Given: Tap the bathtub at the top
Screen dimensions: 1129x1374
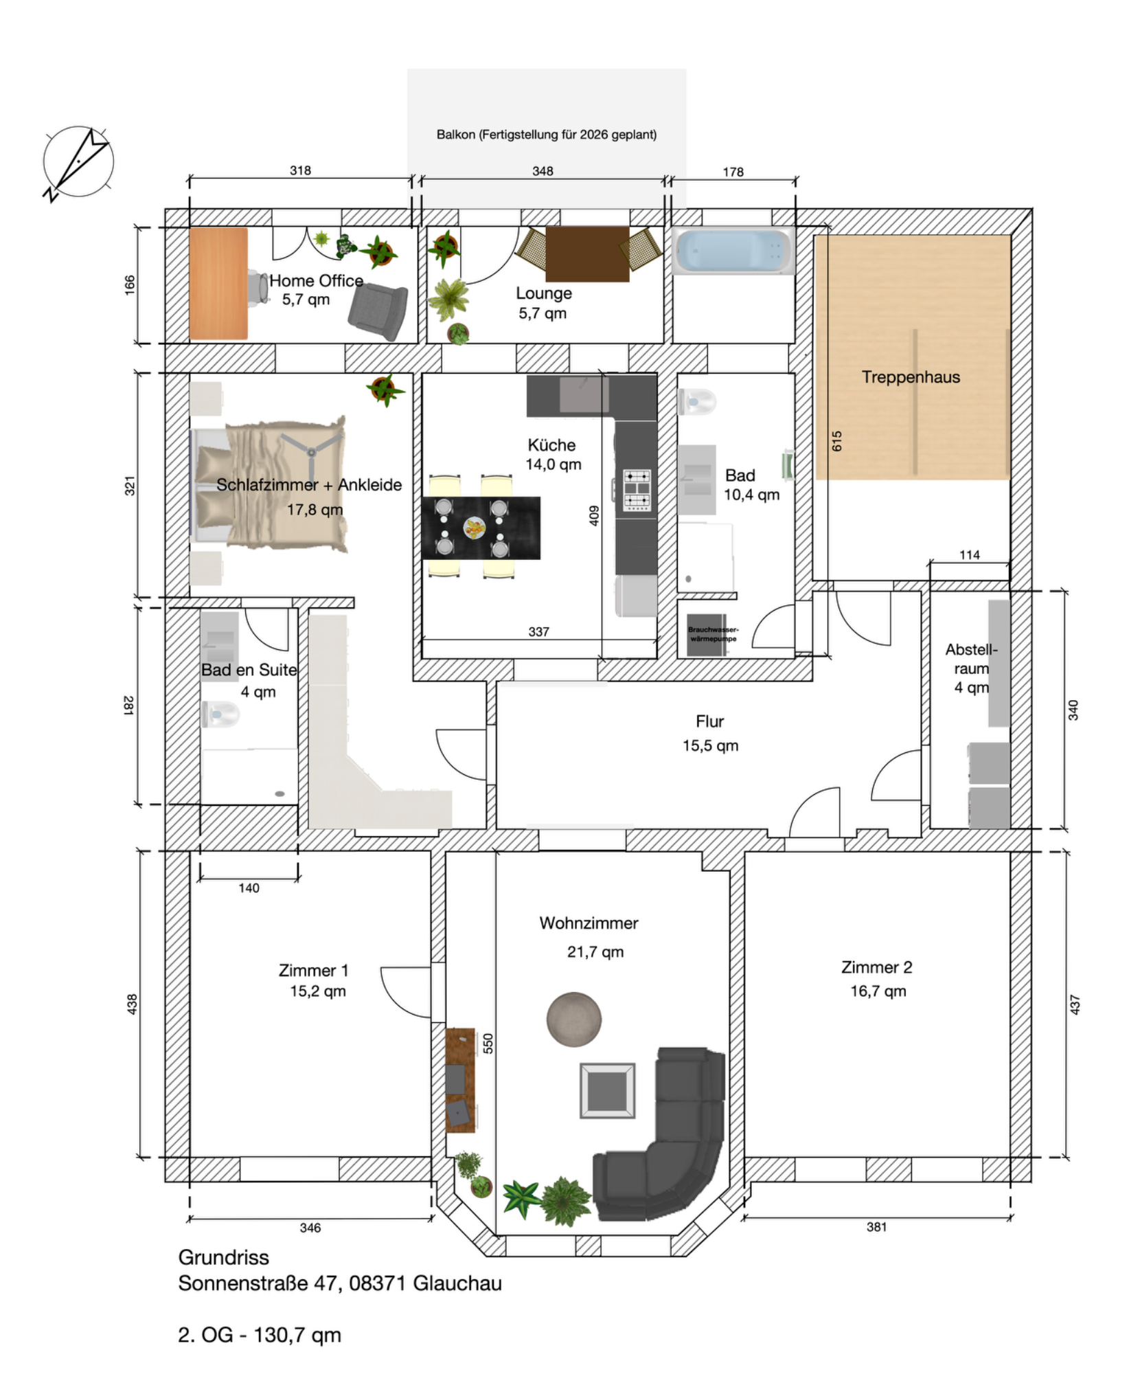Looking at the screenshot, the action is point(733,251).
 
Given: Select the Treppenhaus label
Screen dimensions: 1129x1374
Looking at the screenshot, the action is point(911,377).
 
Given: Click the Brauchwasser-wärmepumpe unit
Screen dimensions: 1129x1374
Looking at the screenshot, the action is point(707,635).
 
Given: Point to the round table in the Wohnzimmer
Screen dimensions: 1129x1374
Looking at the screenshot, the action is point(574,1020).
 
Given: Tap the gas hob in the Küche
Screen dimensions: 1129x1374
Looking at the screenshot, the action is point(637,489).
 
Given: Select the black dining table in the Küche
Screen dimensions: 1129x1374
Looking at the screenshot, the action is point(481,528).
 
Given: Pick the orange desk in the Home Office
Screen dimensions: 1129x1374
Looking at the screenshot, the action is point(218,284).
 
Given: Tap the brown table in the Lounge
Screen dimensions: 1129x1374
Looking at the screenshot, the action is point(587,254).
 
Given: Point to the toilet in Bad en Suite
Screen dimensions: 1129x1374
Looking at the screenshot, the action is point(220,714).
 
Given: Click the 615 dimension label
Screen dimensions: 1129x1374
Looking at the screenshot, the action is point(836,441).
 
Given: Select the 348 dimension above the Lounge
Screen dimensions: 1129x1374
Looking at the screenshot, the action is point(543,171).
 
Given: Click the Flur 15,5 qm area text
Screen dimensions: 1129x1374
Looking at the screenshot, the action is point(710,733).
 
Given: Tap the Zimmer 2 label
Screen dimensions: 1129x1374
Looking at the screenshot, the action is point(877,967).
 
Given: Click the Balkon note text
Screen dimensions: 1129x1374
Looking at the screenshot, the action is point(547,135).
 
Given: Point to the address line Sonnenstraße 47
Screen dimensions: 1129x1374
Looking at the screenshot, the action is point(340,1283).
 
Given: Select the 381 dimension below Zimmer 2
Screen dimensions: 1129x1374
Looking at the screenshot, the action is point(876,1226).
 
